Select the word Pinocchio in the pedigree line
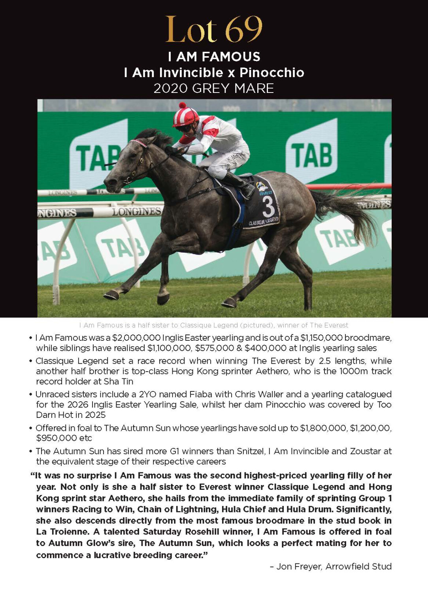click(x=272, y=73)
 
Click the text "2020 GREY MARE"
click(x=214, y=88)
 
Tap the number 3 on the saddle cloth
click(x=268, y=206)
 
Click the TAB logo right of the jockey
click(x=312, y=155)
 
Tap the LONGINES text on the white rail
click(x=136, y=212)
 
